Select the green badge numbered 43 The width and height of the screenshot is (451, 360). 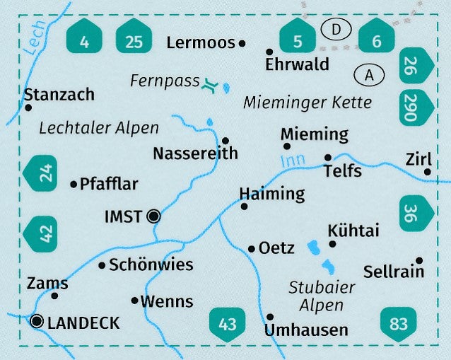point(227,325)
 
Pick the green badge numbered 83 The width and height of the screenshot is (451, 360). point(399,324)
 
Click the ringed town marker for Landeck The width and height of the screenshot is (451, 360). point(37,322)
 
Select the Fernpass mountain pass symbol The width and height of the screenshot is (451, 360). point(209,86)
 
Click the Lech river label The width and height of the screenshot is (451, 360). point(33,35)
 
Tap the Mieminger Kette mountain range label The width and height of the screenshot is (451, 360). point(307,103)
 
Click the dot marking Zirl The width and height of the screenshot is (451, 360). point(427,171)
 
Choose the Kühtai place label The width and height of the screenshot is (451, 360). point(353,231)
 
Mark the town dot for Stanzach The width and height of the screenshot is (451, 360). point(28,108)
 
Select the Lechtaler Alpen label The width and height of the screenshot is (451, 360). point(99,128)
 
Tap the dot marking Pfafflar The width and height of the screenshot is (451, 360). point(74,185)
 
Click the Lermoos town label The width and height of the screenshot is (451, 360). point(200,43)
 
